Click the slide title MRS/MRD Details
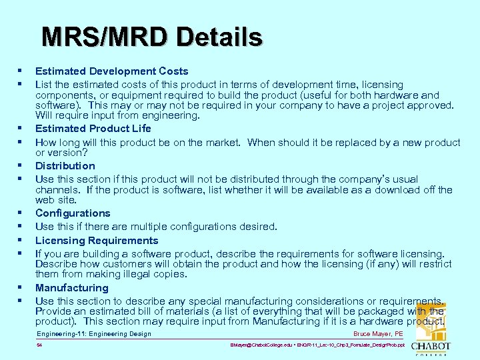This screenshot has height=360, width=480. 152,37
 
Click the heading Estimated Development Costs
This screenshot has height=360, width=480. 111,71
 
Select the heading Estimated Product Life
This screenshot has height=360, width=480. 93,129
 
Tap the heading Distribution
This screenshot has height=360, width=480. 65,166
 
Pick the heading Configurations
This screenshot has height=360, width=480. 73,213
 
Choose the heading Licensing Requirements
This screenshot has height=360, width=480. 97,241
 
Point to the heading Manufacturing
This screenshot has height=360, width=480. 71,288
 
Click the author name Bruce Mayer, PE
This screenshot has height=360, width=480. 378,334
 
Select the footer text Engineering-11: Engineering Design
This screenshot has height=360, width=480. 94,334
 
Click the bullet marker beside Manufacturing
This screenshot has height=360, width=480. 21,288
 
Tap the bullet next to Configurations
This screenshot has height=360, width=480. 21,213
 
